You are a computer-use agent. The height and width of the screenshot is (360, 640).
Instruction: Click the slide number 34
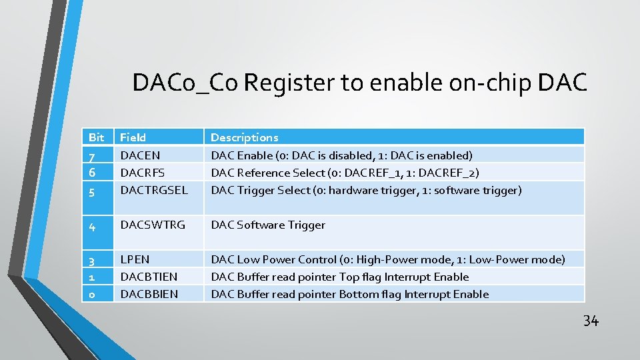(591, 321)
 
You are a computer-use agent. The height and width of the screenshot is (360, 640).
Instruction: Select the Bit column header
(97, 137)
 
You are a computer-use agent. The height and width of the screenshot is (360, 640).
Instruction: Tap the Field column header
(133, 137)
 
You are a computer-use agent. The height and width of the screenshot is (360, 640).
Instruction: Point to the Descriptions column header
(245, 137)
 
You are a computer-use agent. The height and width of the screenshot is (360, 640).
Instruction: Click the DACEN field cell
(140, 155)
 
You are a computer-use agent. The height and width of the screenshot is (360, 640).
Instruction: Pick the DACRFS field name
(142, 173)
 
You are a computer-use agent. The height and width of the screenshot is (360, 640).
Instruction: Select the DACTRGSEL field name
(153, 190)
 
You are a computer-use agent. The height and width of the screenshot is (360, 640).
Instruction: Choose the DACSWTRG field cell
(153, 225)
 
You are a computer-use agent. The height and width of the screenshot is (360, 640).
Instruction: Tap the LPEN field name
(135, 259)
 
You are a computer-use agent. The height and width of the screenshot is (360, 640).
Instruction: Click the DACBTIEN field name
(149, 277)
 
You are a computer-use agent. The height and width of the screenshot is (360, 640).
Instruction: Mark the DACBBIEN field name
(149, 294)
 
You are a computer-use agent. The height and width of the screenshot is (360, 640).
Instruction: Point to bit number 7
(93, 156)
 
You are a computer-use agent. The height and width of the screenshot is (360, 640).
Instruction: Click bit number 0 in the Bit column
(93, 295)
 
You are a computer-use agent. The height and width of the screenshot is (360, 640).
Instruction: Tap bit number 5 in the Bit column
(93, 191)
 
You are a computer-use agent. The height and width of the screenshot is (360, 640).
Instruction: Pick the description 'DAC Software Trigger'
(268, 225)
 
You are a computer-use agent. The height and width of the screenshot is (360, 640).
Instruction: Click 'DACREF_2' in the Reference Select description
(453, 173)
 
